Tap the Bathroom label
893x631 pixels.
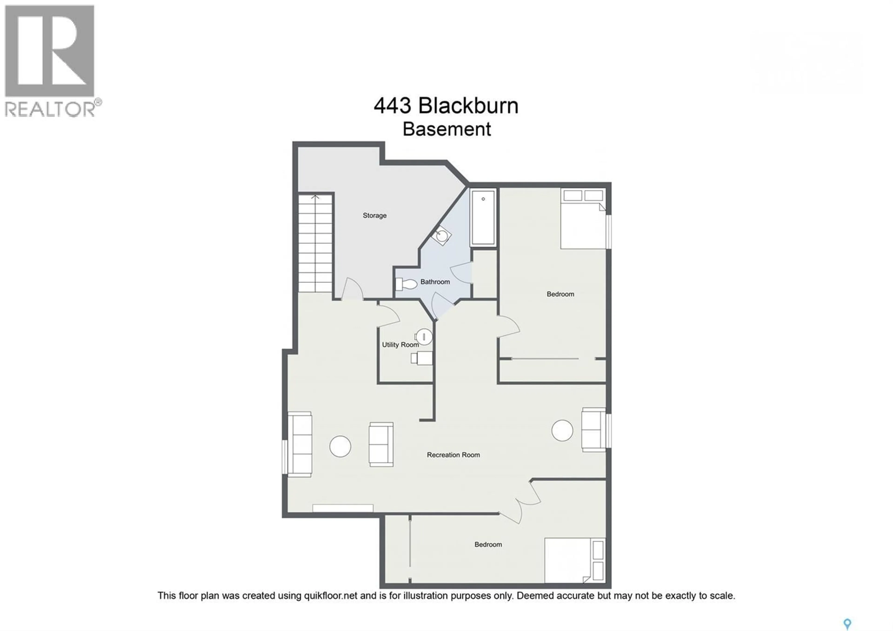pyautogui.click(x=435, y=282)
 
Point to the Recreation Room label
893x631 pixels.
pyautogui.click(x=453, y=455)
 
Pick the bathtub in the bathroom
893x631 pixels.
pyautogui.click(x=483, y=218)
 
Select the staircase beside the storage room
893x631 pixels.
pyautogui.click(x=315, y=243)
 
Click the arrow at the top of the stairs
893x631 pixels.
pyautogui.click(x=315, y=197)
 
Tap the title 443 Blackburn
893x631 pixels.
pyautogui.click(x=446, y=106)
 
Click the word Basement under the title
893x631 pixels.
pyautogui.click(x=446, y=129)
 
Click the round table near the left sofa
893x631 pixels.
pyautogui.click(x=340, y=446)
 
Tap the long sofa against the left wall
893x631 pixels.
pyautogui.click(x=300, y=444)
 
